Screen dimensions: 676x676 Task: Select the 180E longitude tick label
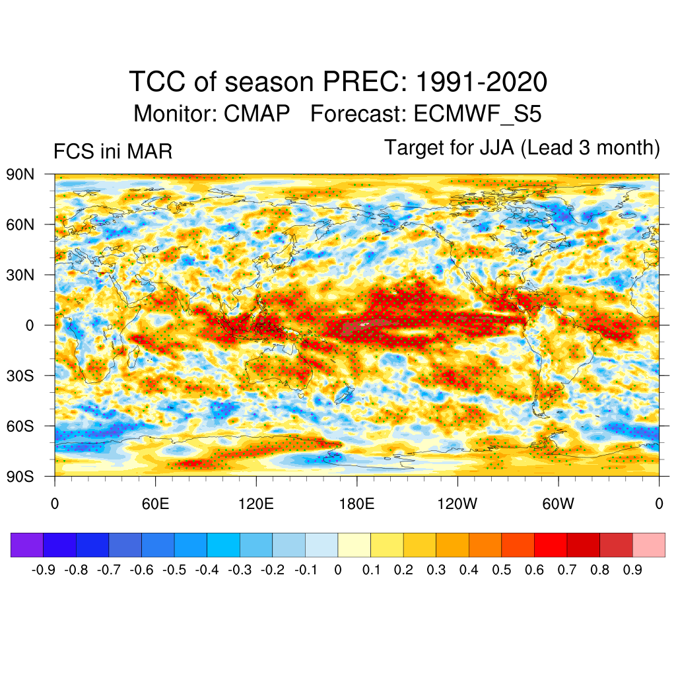(x=356, y=505)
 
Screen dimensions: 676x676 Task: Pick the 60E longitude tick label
(x=155, y=505)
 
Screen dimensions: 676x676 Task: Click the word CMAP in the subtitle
(x=257, y=114)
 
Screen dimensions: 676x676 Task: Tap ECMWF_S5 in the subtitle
(x=477, y=114)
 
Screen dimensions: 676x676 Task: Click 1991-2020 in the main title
(x=481, y=83)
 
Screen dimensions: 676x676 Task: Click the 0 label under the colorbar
(x=338, y=570)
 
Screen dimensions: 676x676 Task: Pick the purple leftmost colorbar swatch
(x=27, y=545)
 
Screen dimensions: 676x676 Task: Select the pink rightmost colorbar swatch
(x=648, y=545)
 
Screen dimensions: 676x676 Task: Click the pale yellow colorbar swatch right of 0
(x=354, y=545)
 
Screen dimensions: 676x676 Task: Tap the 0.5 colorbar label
(x=502, y=570)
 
